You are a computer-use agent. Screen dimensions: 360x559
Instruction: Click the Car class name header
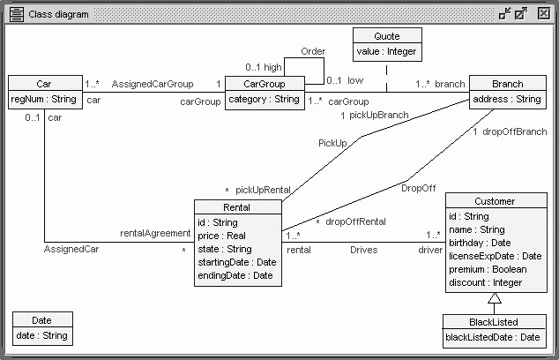(x=44, y=84)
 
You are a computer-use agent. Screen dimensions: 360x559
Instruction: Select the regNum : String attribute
(x=44, y=100)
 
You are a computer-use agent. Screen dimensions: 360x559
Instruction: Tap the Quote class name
(x=386, y=36)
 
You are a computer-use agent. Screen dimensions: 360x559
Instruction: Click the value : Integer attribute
(x=386, y=52)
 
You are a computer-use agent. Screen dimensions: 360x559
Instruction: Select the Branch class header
(x=507, y=84)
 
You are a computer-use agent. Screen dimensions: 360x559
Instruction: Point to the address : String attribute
(x=507, y=100)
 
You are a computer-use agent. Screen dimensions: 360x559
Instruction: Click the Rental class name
(x=237, y=207)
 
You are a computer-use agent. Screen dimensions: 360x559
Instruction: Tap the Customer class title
(x=494, y=201)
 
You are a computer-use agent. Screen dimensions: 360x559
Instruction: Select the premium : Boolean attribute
(x=488, y=269)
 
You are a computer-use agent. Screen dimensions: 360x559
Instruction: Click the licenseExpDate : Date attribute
(x=494, y=256)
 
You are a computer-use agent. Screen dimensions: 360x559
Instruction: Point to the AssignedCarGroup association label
(x=153, y=85)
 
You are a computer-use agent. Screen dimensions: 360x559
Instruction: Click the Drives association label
(x=363, y=251)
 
